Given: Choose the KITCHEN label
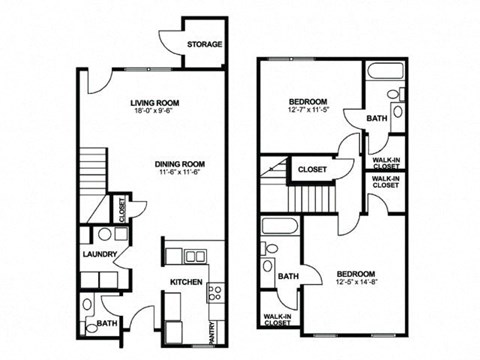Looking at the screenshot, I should coord(186,283).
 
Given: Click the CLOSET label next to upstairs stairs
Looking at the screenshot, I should coord(312,170).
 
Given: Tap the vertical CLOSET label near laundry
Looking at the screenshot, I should coord(120,210).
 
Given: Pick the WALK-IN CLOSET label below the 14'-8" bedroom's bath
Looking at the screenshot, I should coord(277,320).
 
